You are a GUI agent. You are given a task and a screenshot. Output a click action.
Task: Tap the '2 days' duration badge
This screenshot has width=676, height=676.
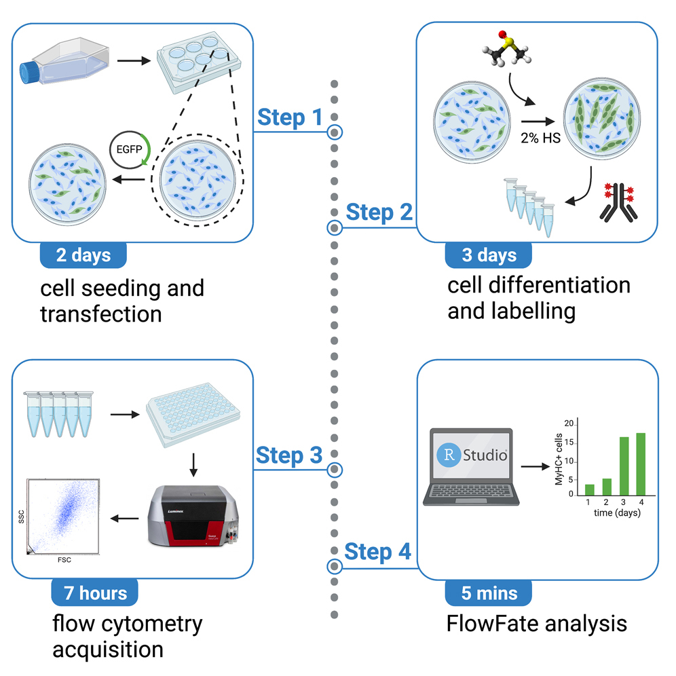coord(83,255)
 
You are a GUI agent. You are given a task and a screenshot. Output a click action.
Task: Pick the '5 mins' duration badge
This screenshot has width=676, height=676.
coord(488,593)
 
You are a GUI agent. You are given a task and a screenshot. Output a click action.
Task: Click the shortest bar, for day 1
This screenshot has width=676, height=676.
coord(589,489)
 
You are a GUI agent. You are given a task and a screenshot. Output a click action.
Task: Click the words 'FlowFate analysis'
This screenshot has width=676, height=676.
coord(536,623)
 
